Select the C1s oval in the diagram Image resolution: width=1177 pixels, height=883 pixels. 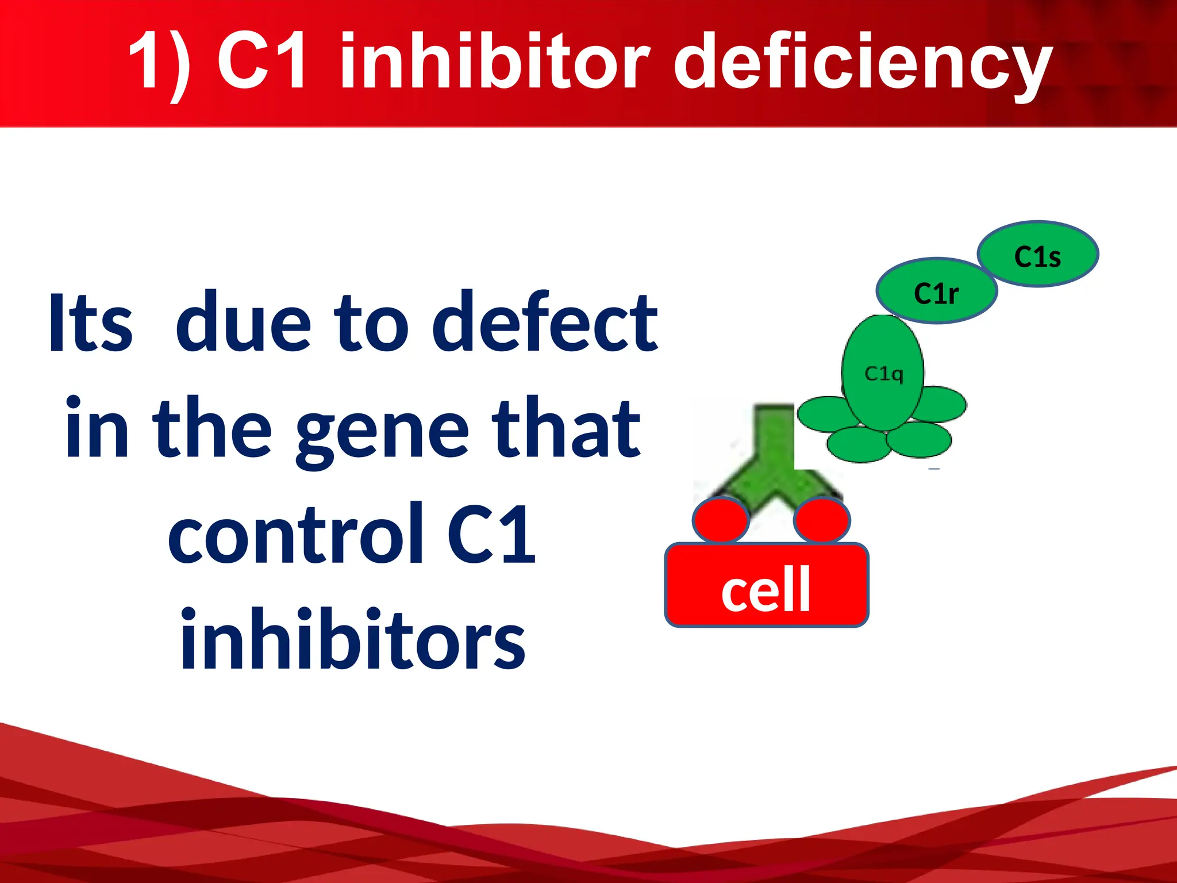click(1038, 254)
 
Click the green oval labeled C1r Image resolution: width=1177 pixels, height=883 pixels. click(936, 291)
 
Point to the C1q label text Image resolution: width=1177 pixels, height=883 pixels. click(884, 374)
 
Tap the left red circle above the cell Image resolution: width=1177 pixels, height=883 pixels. click(721, 520)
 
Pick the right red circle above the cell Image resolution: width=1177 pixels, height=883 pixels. click(821, 520)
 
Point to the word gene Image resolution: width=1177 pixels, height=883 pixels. click(382, 430)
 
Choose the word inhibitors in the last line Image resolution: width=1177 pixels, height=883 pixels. click(352, 639)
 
